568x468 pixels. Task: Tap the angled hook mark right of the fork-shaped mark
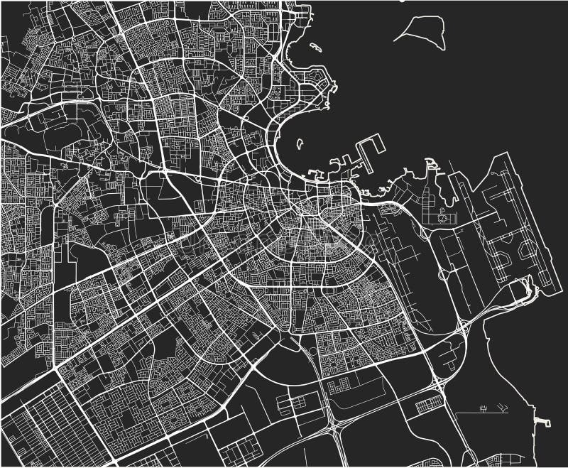coord(503,408)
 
